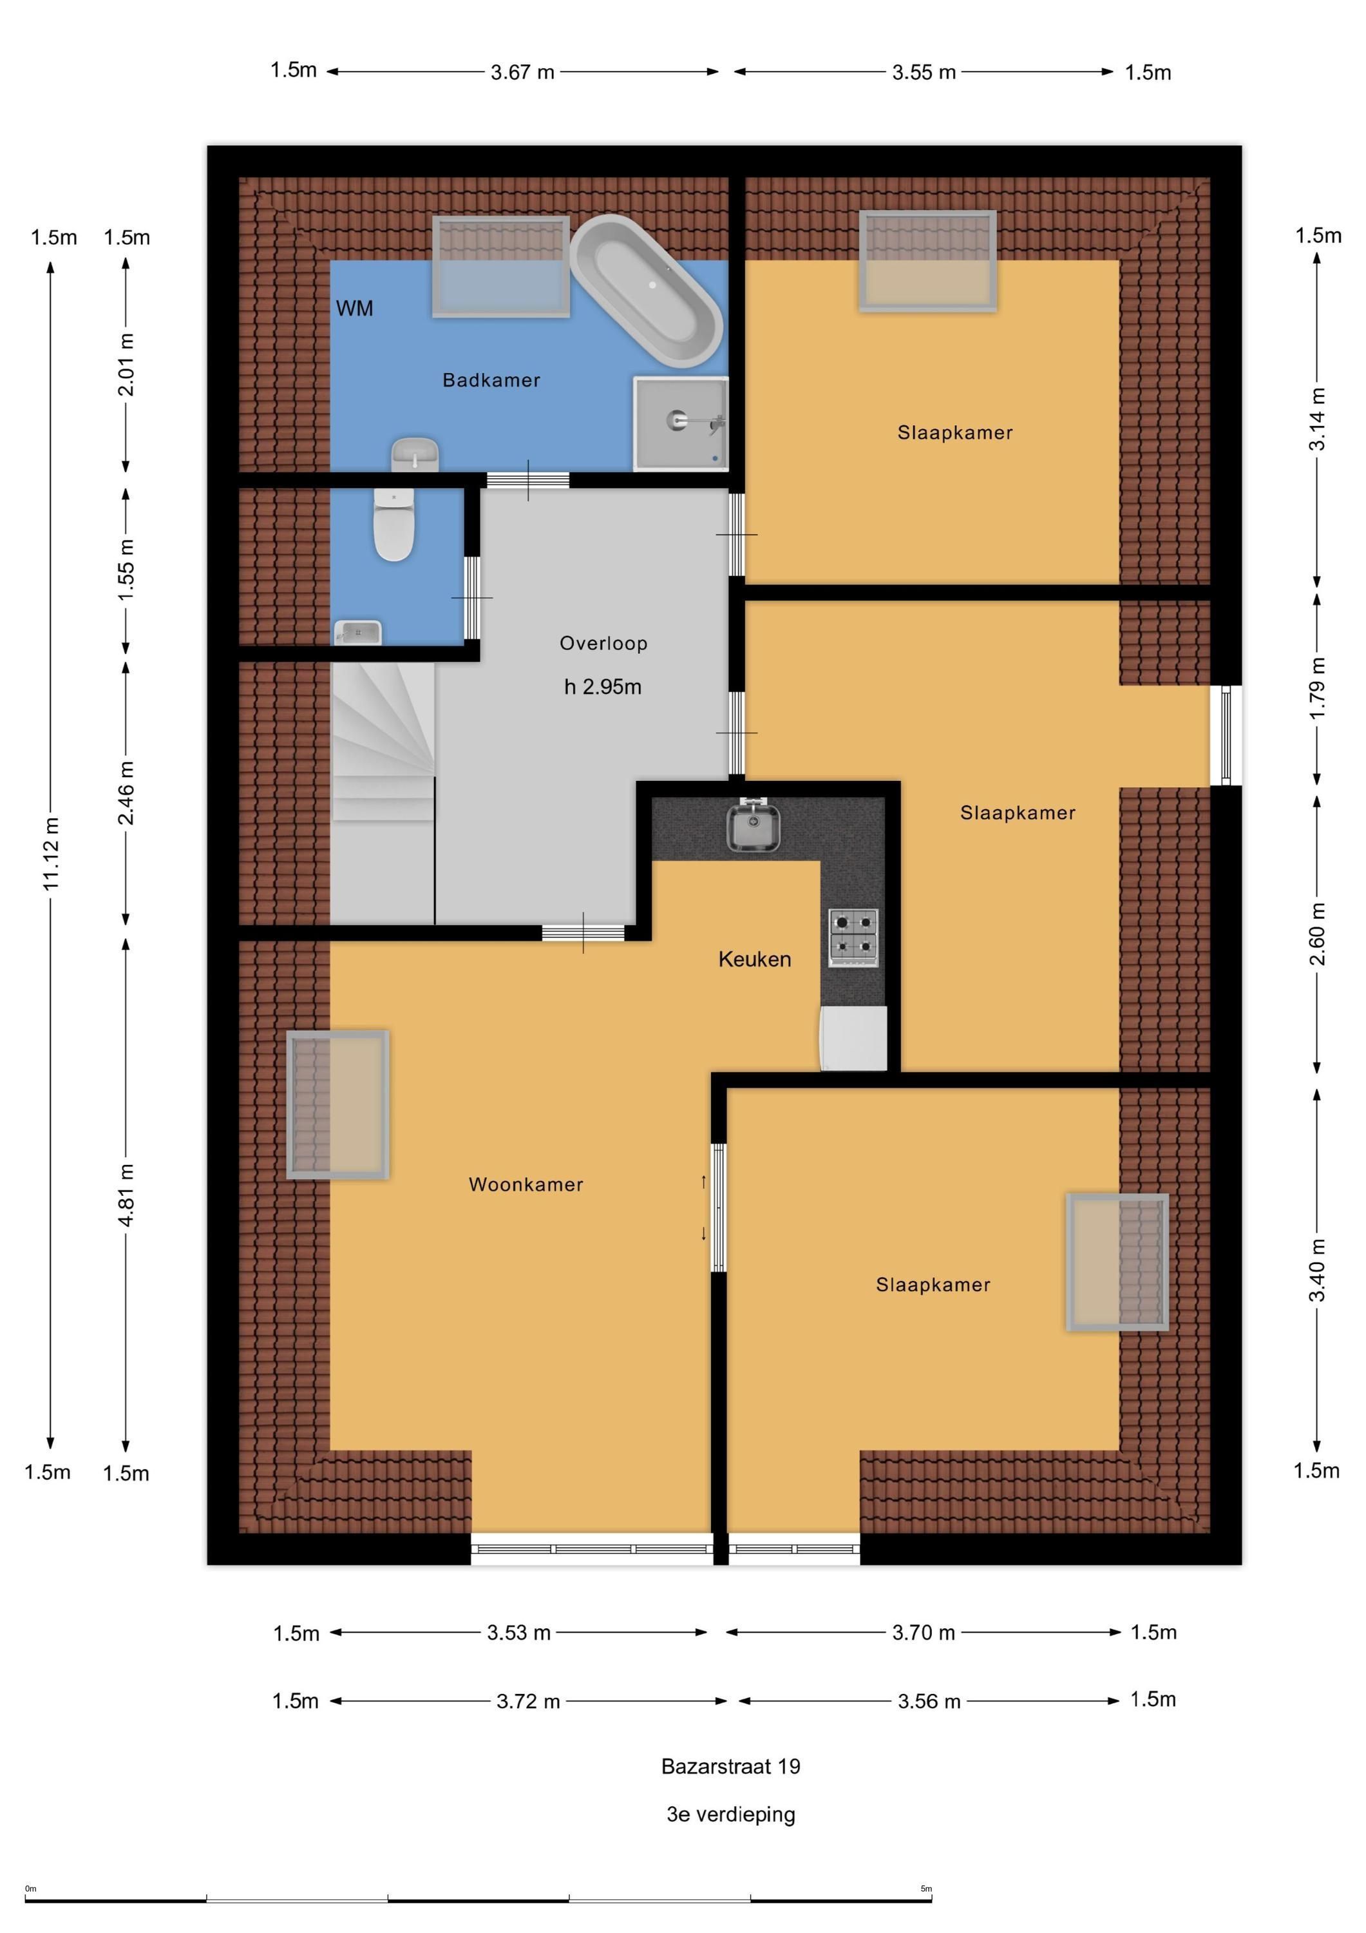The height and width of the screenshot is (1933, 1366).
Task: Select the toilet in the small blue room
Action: [394, 524]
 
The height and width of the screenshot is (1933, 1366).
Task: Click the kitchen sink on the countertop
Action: [754, 827]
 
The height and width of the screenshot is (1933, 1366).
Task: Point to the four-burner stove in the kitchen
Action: [853, 936]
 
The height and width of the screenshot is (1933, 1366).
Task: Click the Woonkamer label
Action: [526, 1184]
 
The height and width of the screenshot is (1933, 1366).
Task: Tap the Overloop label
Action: [603, 643]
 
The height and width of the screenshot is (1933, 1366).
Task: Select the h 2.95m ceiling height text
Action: [603, 687]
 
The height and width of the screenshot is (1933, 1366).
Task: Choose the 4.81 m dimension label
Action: [126, 1195]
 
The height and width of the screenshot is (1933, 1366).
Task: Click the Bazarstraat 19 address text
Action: [730, 1766]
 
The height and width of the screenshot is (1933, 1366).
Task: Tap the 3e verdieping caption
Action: [730, 1813]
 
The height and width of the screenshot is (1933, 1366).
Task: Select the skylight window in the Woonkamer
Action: [337, 1104]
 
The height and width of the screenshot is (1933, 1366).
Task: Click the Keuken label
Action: [754, 959]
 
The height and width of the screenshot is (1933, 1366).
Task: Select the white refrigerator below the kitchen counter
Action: [853, 1038]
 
